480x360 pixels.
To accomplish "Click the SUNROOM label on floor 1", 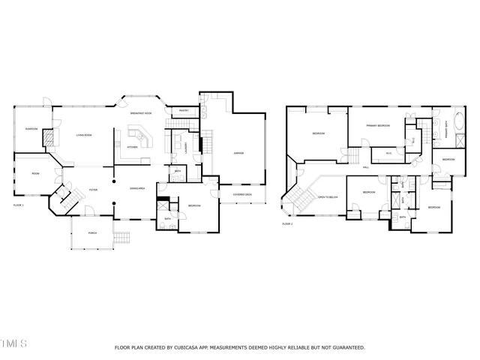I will pyautogui.click(x=31, y=128).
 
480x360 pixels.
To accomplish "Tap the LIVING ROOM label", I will pyautogui.click(x=82, y=135).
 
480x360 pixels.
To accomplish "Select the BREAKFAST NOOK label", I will pyautogui.click(x=141, y=112).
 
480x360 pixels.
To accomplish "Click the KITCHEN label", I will pyautogui.click(x=131, y=147).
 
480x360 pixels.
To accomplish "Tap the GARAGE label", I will pyautogui.click(x=238, y=153).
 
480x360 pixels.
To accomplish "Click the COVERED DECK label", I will pyautogui.click(x=242, y=194).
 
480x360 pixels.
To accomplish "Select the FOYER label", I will pyautogui.click(x=94, y=190).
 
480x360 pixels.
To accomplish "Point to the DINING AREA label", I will pyautogui.click(x=136, y=188).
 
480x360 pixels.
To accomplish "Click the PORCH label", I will pyautogui.click(x=92, y=232).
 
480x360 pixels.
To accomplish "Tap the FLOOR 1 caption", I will pyautogui.click(x=19, y=205).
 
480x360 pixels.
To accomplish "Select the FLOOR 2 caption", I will pyautogui.click(x=287, y=223).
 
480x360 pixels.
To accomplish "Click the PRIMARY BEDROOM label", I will pyautogui.click(x=377, y=125).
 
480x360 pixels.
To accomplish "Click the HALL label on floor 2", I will pyautogui.click(x=366, y=166).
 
